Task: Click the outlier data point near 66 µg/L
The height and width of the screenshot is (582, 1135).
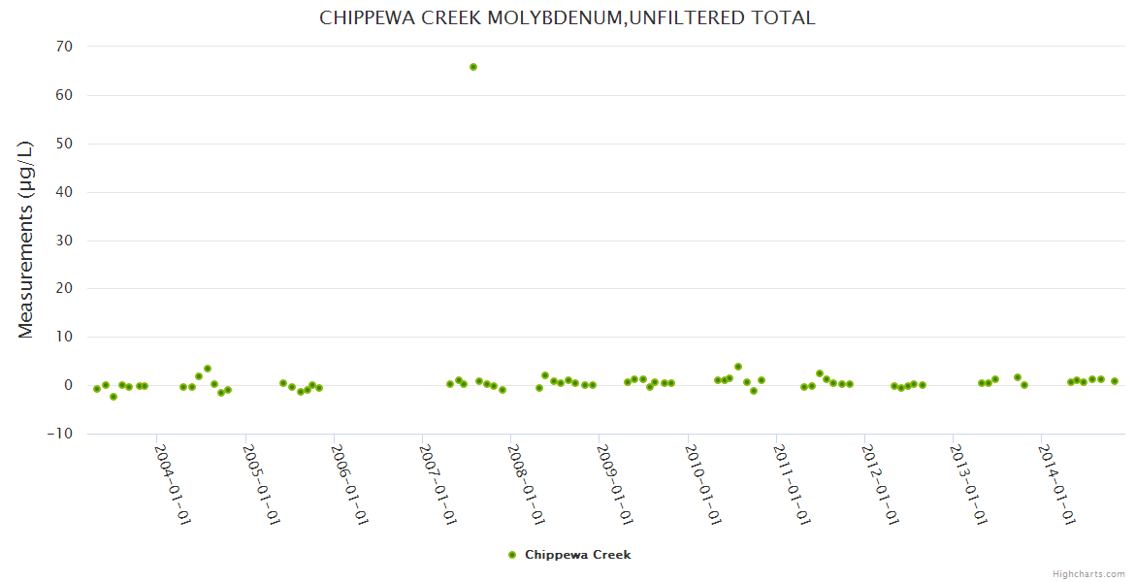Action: pos(473,67)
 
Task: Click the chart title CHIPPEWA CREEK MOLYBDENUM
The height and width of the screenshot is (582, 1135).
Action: pos(567,17)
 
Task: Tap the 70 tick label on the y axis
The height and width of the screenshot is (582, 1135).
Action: pos(65,47)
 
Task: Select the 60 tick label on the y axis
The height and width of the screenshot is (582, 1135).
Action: pos(65,95)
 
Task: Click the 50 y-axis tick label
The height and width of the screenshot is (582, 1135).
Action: pos(65,144)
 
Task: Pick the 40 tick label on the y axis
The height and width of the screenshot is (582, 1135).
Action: pos(65,192)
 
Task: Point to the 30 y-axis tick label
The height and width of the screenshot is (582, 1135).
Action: pos(65,241)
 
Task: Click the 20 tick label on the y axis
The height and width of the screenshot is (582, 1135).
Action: pos(65,288)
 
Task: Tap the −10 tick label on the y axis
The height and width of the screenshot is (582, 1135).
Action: pos(60,434)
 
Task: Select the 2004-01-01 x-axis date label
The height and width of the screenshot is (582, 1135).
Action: pos(173,484)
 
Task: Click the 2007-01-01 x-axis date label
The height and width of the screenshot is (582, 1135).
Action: pos(438,484)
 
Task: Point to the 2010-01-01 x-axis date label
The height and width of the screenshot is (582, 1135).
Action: pos(703,484)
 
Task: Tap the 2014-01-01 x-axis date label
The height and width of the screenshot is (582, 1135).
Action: pos(1056,484)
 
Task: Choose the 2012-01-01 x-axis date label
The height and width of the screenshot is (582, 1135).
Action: pos(880,484)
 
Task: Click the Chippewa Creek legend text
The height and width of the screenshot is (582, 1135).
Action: pos(577,555)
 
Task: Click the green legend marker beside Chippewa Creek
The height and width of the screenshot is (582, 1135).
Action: pos(512,555)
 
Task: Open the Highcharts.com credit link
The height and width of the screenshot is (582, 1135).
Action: pos(1088,573)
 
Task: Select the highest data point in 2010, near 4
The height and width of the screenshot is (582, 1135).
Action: pos(738,367)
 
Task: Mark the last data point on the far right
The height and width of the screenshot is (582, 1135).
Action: pos(1115,381)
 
